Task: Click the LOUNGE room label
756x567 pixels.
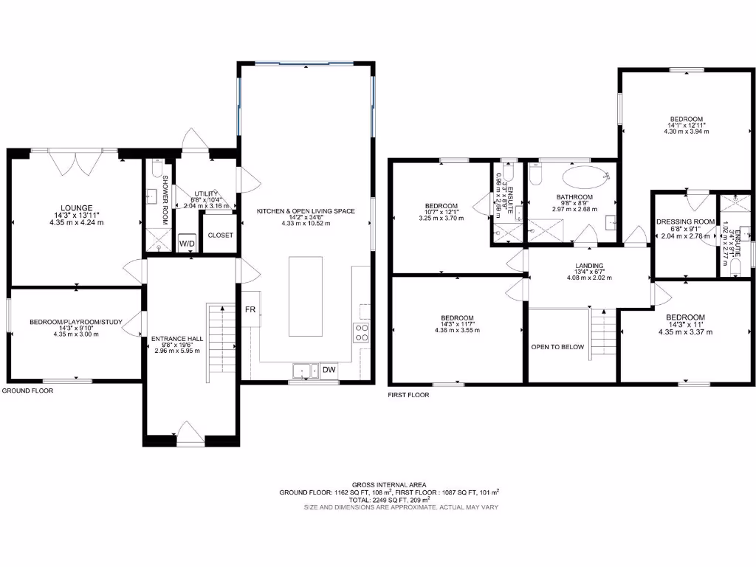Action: (x=77, y=207)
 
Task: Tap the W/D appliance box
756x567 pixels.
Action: (x=186, y=243)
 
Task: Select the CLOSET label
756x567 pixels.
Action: (x=220, y=236)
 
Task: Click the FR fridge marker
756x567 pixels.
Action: (x=250, y=310)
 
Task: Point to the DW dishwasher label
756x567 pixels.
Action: (x=329, y=370)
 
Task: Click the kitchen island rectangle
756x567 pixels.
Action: (x=305, y=295)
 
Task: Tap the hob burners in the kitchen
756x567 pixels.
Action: (x=362, y=333)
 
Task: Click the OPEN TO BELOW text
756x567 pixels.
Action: (x=557, y=347)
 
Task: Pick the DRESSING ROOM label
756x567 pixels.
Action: (x=685, y=221)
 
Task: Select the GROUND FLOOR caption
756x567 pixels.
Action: (x=28, y=391)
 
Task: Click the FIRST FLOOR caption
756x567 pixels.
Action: (x=408, y=395)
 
